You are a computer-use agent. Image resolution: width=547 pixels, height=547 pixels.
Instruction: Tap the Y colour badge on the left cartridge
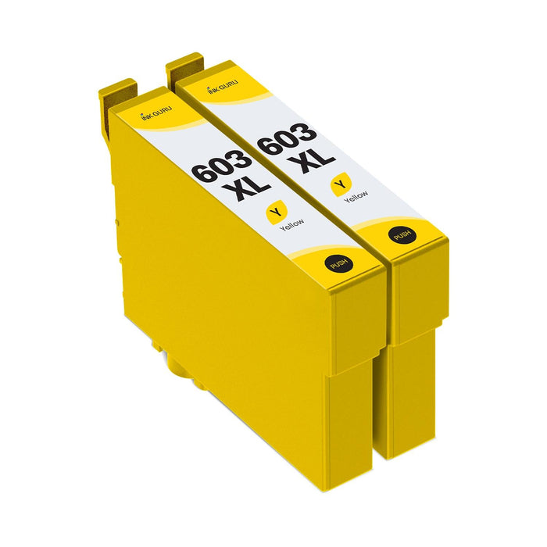(273, 209)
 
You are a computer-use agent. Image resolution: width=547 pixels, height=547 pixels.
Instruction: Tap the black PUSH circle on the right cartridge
(403, 234)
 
